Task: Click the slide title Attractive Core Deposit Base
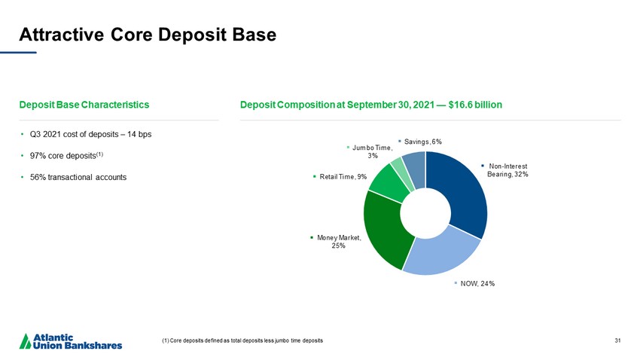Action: click(x=148, y=34)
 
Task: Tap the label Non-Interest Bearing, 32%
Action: click(x=507, y=170)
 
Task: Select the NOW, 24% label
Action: click(x=477, y=283)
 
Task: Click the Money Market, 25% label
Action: click(x=338, y=242)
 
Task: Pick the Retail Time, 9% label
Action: click(x=343, y=177)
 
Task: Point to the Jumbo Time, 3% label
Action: click(x=372, y=151)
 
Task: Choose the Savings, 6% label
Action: click(x=422, y=141)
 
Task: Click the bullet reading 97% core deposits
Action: click(x=66, y=155)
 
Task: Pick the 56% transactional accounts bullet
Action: click(x=78, y=177)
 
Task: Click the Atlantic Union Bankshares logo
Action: click(x=72, y=340)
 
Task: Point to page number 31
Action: click(x=617, y=341)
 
